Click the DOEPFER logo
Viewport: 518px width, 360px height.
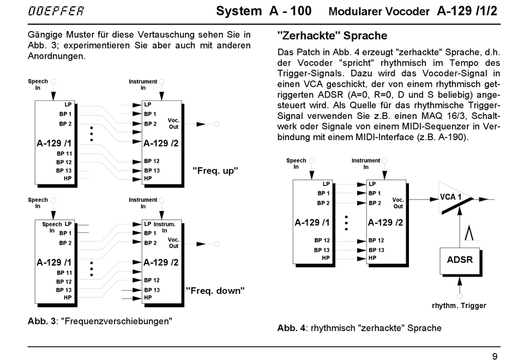coord(56,10)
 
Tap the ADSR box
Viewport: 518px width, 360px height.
coord(460,261)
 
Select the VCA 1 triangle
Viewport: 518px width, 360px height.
coord(455,197)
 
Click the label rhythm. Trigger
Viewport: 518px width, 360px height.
coord(459,306)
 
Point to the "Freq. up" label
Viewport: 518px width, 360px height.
coord(215,171)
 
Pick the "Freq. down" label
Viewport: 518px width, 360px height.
coord(215,291)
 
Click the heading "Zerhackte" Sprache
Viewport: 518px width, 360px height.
coord(333,35)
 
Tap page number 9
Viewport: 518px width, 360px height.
coord(495,356)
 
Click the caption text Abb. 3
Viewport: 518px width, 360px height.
coord(41,321)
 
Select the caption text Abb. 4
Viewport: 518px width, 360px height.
coord(291,328)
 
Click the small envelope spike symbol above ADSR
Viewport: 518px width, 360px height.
coord(469,232)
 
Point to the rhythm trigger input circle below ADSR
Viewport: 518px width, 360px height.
coord(460,296)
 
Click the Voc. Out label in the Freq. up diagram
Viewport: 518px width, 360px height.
coord(173,123)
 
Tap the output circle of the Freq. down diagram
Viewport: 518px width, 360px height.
coord(216,244)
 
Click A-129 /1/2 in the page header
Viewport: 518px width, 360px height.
coord(467,11)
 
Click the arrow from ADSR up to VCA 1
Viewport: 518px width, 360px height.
coord(460,227)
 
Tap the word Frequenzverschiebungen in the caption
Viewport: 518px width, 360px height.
coord(117,321)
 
